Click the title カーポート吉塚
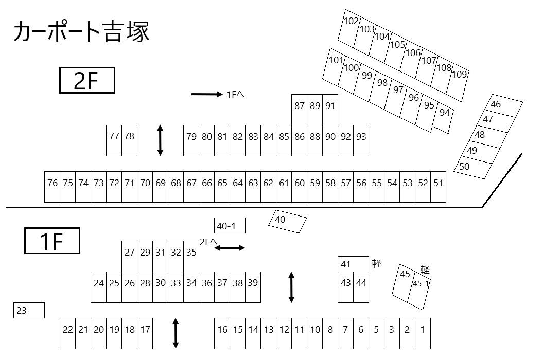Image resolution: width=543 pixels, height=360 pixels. (x=81, y=32)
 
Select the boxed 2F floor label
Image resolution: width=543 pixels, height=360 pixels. (x=86, y=80)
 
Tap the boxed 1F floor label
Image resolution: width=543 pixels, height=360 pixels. (x=52, y=241)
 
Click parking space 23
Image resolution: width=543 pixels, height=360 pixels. (x=29, y=311)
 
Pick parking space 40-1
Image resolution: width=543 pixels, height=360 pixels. (x=230, y=226)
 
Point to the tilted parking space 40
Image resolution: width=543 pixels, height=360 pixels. (x=287, y=221)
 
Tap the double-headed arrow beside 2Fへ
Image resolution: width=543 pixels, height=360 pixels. (x=230, y=248)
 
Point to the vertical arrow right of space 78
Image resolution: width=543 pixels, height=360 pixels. (x=160, y=140)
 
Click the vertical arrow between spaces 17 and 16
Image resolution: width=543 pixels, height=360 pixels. (x=176, y=333)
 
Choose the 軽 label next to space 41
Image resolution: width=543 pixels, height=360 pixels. (x=377, y=264)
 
